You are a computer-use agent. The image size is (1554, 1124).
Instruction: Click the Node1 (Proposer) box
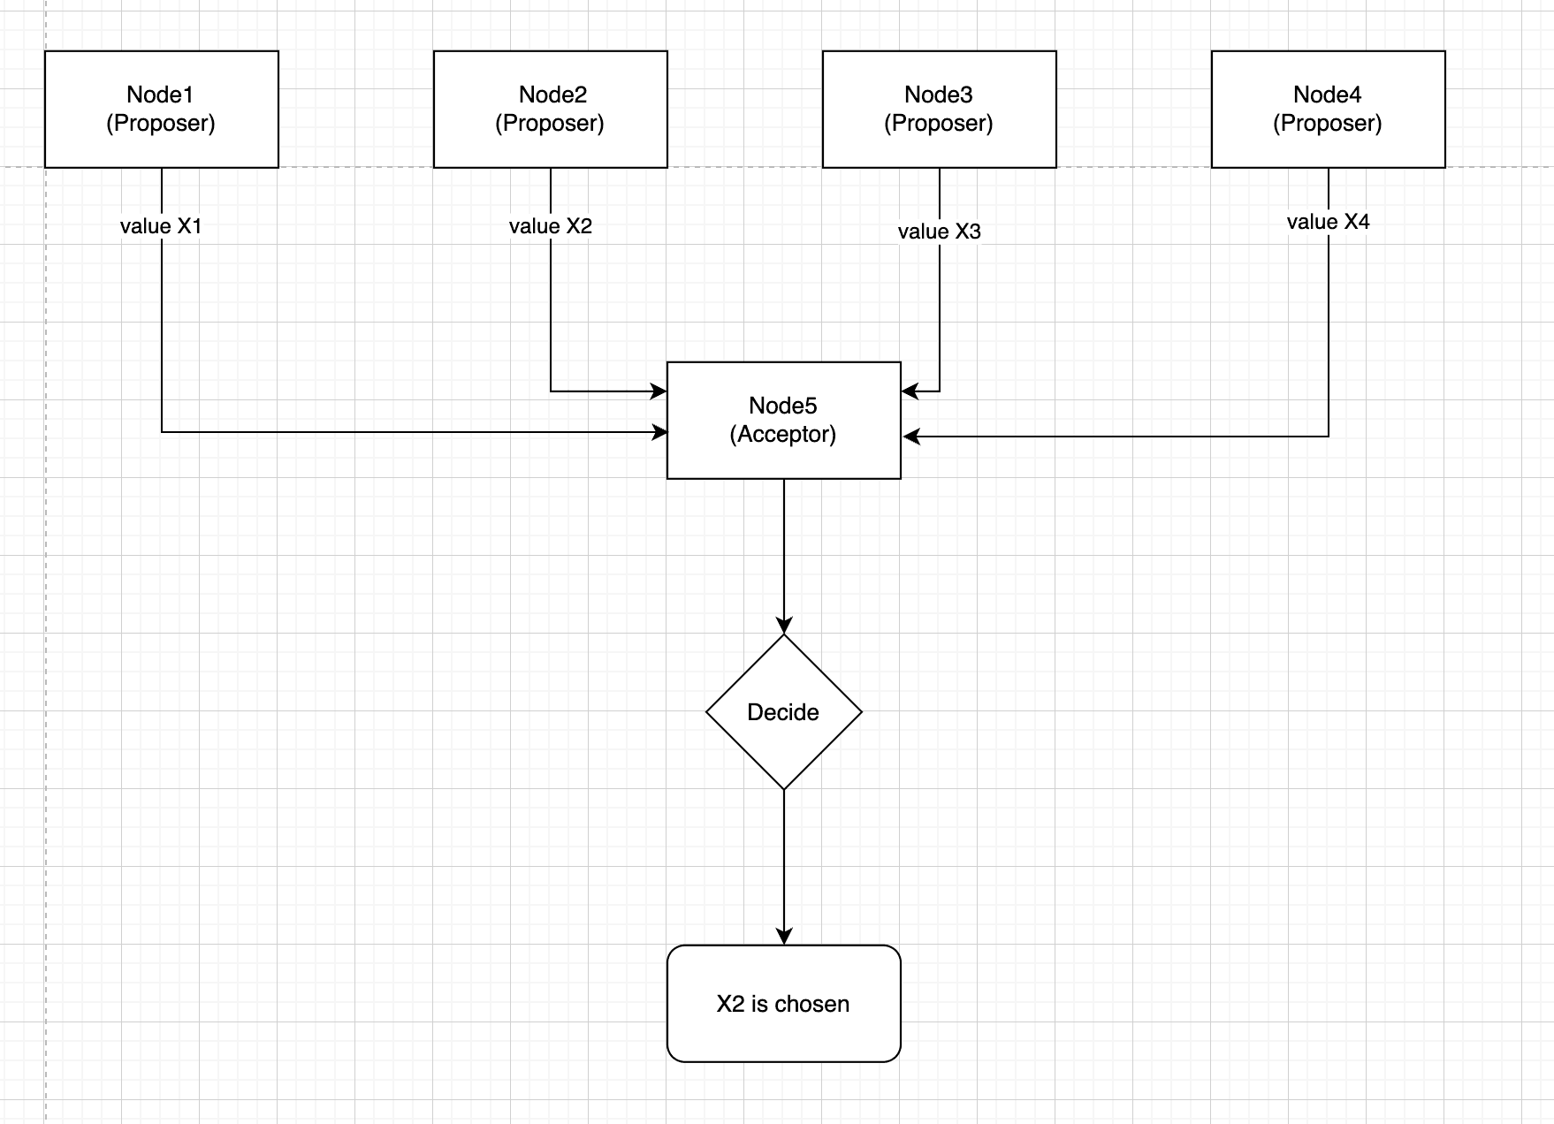tap(162, 109)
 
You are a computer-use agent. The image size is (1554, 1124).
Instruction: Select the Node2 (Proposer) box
tap(551, 109)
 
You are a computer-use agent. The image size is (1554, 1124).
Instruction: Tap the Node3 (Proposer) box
tap(940, 109)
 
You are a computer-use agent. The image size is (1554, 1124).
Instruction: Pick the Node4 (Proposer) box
tap(1329, 109)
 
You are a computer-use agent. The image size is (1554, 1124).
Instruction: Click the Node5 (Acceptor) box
tap(784, 420)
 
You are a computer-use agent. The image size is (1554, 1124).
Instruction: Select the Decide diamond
tap(784, 711)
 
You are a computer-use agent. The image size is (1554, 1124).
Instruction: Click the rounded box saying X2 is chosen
tap(784, 1003)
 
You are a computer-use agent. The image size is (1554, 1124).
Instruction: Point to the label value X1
tap(162, 226)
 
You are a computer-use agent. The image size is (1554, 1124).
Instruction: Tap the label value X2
tap(551, 226)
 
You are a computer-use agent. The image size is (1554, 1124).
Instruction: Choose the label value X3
tap(940, 232)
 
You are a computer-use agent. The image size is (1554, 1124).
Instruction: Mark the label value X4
tap(1329, 222)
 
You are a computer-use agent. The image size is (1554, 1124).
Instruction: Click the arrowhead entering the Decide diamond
tap(784, 626)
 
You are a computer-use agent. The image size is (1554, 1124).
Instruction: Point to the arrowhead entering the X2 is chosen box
tap(784, 937)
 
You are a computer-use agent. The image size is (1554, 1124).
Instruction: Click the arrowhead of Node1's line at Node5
tap(659, 432)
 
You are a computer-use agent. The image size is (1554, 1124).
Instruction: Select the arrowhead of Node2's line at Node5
tap(659, 391)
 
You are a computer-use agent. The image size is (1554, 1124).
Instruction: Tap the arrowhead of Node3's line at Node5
tap(910, 391)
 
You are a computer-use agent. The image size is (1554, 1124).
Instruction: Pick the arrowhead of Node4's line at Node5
tap(911, 437)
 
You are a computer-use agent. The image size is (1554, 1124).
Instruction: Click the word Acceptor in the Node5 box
tap(783, 435)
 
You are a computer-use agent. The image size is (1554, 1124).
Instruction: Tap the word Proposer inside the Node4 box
tap(1328, 124)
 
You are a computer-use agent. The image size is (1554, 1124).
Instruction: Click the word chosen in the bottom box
tap(811, 1004)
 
